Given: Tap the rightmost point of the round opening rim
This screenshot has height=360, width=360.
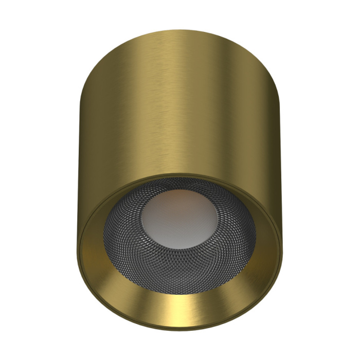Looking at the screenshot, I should (281, 242).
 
